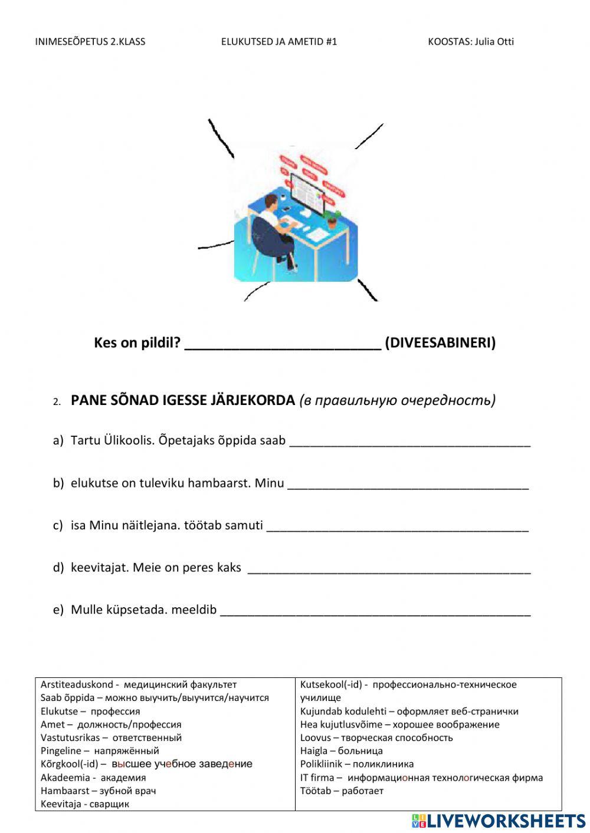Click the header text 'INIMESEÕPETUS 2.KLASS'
(x=90, y=41)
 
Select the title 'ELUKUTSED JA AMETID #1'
(x=279, y=41)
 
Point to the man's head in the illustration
(x=270, y=203)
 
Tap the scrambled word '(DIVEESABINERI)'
(x=440, y=343)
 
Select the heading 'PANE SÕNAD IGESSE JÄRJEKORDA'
(x=182, y=400)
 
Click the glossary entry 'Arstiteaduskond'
(x=77, y=684)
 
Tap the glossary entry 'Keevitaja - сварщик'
(x=85, y=804)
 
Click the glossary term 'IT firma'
(x=317, y=778)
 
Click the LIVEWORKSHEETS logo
(x=499, y=821)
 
